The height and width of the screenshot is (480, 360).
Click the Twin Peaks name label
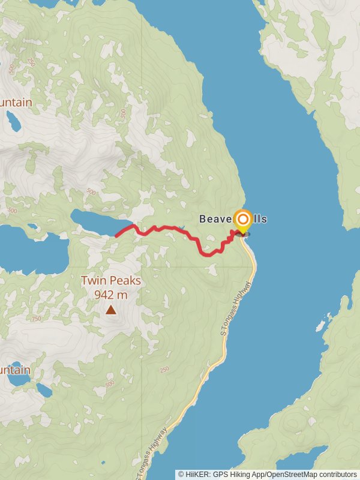point(111,280)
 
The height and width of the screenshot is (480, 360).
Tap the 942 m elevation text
point(111,295)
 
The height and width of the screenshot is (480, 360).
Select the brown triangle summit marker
point(111,310)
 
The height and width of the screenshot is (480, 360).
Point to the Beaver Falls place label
point(233,220)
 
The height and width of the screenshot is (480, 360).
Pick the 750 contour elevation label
point(37,319)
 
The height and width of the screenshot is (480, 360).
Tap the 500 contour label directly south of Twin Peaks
point(109,383)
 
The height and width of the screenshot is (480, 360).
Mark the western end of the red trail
point(116,236)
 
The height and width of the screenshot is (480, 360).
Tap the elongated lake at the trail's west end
point(96,220)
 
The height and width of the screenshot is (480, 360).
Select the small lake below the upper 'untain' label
point(13,123)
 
